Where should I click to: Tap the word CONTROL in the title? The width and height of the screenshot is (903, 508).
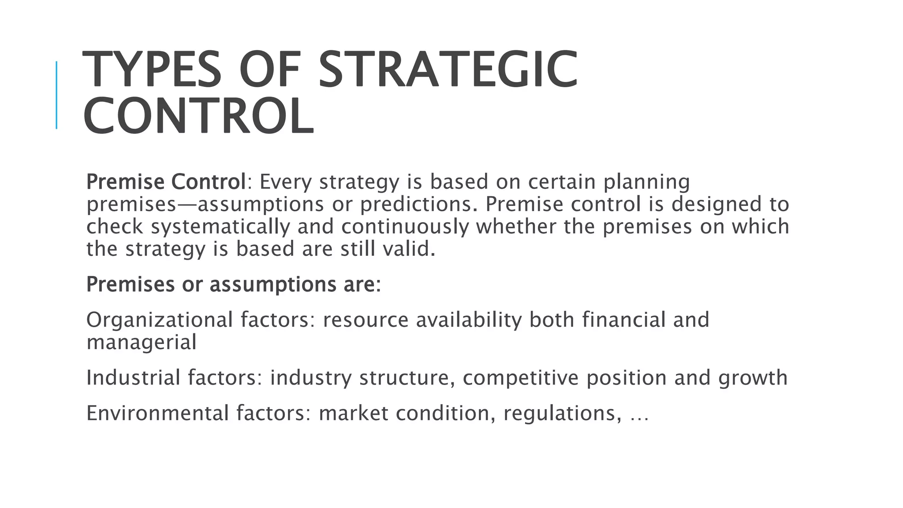click(198, 116)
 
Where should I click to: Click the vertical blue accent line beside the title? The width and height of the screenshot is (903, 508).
click(56, 95)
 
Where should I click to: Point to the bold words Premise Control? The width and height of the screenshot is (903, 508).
click(166, 182)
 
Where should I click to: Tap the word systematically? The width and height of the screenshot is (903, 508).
click(220, 227)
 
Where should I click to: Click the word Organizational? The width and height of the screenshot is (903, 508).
click(160, 320)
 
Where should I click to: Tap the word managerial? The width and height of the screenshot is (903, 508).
click(141, 342)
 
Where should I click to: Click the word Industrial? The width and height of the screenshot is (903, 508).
click(133, 378)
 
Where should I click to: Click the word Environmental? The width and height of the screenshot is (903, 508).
click(157, 414)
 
